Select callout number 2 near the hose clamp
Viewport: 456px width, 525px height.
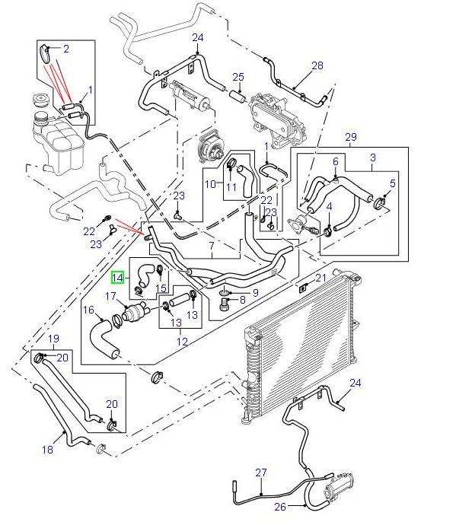point(66,49)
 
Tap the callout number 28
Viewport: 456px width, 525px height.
point(317,65)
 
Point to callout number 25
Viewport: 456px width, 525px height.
point(238,78)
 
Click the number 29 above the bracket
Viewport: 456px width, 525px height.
point(351,137)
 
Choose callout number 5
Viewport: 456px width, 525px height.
point(392,183)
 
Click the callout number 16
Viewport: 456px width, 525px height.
point(88,310)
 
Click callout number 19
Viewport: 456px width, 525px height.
point(53,338)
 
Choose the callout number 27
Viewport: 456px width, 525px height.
point(261,473)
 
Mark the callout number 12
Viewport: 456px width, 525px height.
point(183,342)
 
